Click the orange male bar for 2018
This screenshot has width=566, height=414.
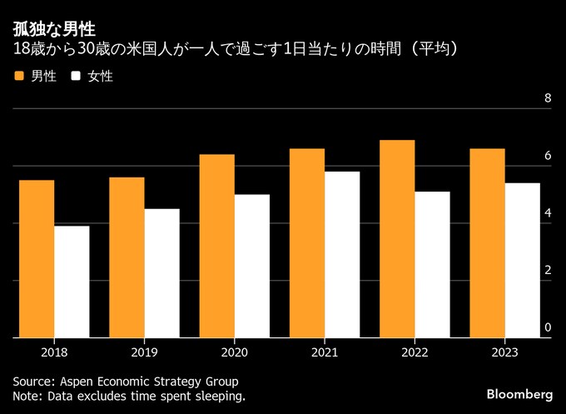tap(37, 259)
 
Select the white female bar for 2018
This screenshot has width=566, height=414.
tap(72, 282)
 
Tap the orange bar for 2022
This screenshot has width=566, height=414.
tap(397, 239)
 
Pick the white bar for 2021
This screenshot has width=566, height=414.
tap(342, 255)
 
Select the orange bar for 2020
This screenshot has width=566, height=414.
tap(216, 246)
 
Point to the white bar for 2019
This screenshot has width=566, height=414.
tap(161, 273)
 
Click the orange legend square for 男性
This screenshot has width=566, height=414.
tap(19, 76)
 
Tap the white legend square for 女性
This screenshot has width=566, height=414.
tap(77, 76)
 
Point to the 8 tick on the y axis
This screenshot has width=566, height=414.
tap(548, 99)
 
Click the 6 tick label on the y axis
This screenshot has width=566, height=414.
tap(548, 156)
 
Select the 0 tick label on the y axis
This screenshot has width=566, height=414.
tap(548, 328)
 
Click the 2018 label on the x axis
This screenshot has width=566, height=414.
tap(54, 352)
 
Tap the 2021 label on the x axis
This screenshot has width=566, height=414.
tap(325, 352)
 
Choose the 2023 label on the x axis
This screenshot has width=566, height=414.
tap(504, 352)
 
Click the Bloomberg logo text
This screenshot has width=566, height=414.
tap(519, 393)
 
